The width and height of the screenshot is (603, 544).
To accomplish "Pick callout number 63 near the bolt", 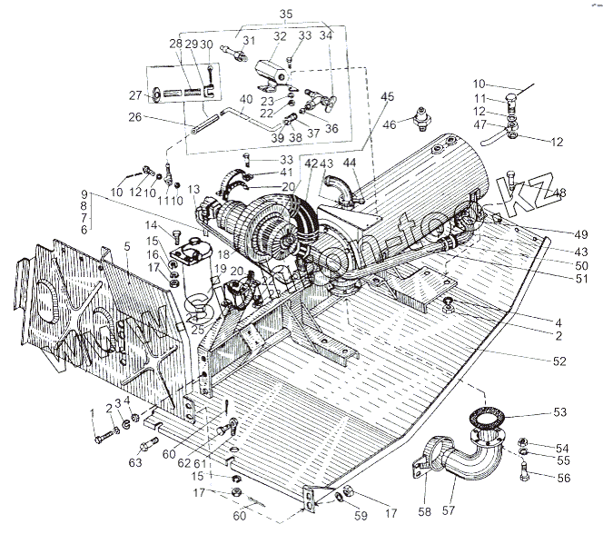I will pos(135,462).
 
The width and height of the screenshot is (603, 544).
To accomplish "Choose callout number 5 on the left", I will pos(128,245).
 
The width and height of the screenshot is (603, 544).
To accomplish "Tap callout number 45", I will pos(388,96).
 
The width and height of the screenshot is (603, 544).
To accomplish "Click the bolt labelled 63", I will pos(148,444).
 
